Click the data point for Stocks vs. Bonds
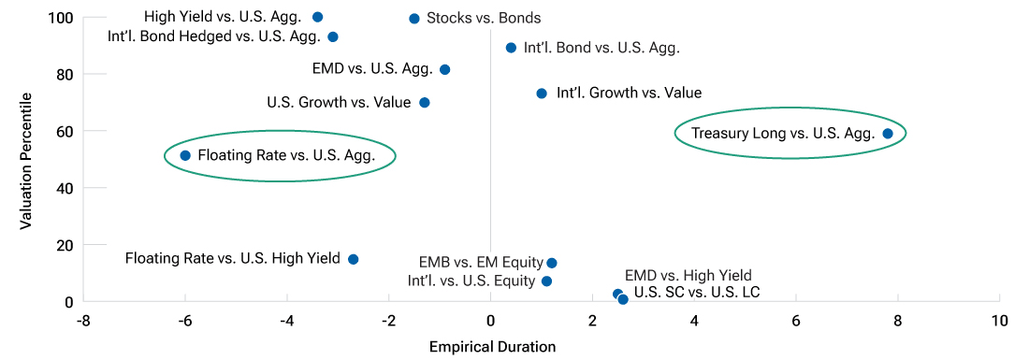coord(414,19)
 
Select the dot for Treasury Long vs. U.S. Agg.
coord(888,134)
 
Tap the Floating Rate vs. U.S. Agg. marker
coord(185,155)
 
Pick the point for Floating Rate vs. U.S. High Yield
coord(353,259)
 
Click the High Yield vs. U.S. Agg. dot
coord(317,17)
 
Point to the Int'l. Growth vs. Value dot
coord(542,94)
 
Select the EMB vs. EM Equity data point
coord(552,264)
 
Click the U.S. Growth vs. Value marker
coord(424,103)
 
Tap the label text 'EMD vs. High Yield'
coord(688,275)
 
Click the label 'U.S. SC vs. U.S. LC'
coord(697,293)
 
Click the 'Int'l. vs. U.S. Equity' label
coord(471,281)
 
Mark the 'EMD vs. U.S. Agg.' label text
coord(372,69)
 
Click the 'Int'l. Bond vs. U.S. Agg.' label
coord(601,48)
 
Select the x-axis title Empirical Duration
coord(492,347)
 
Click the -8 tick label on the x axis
coord(83,321)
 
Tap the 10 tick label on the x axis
coord(999,321)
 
